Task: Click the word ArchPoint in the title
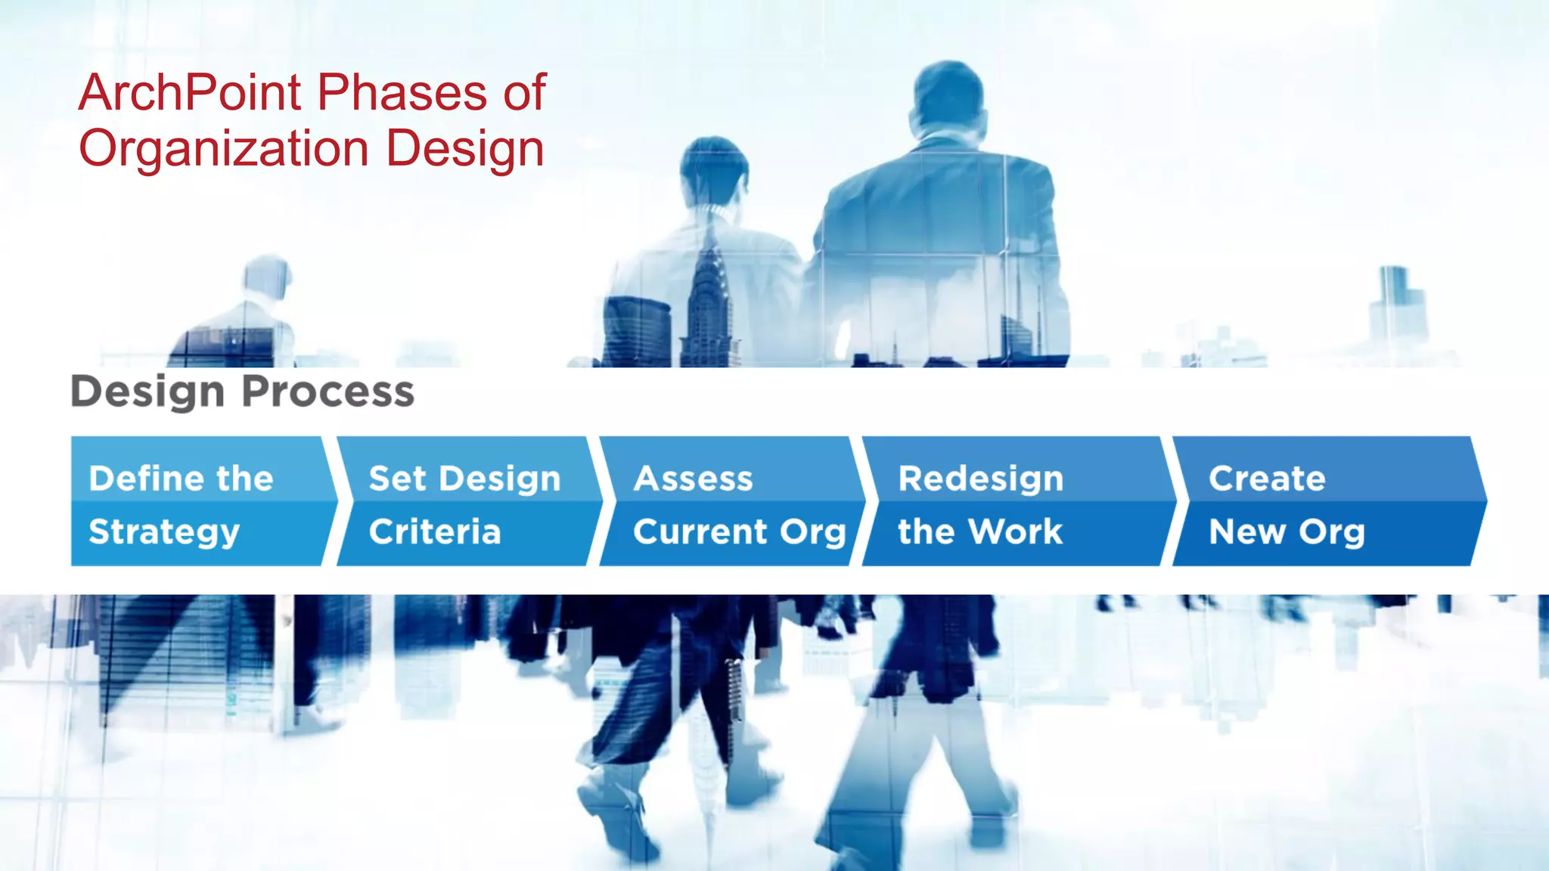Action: tap(190, 93)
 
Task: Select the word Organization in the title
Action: tap(224, 149)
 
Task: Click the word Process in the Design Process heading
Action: tap(328, 392)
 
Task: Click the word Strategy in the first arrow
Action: tap(164, 532)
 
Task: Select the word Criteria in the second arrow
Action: tap(435, 532)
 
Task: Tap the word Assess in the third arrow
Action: tap(694, 479)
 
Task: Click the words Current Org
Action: tap(739, 532)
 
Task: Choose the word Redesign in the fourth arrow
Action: tap(980, 479)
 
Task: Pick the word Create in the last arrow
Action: tap(1267, 479)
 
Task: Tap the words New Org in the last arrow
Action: tap(1287, 532)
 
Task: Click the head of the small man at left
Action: tap(267, 276)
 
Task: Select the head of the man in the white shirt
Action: tap(712, 170)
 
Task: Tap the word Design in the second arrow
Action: tap(500, 479)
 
